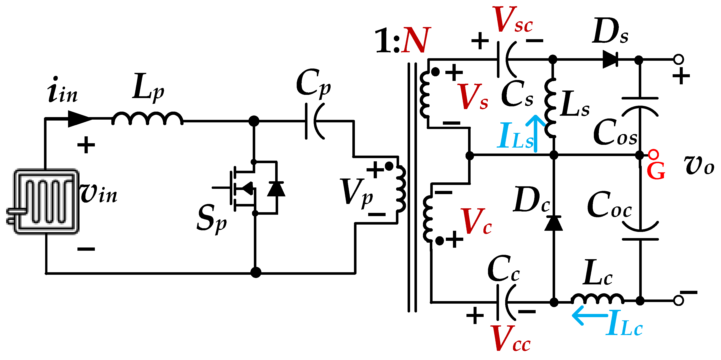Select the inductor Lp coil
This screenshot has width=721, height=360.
click(x=148, y=119)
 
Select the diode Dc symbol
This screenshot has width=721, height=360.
click(x=554, y=223)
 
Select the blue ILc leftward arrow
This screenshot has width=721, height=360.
click(x=588, y=316)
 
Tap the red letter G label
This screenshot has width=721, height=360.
click(x=656, y=171)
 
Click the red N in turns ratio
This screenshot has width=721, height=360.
click(x=416, y=41)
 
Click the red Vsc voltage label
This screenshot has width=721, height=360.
click(x=512, y=20)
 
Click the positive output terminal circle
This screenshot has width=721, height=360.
click(x=679, y=59)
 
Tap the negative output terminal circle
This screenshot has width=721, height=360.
click(x=679, y=301)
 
